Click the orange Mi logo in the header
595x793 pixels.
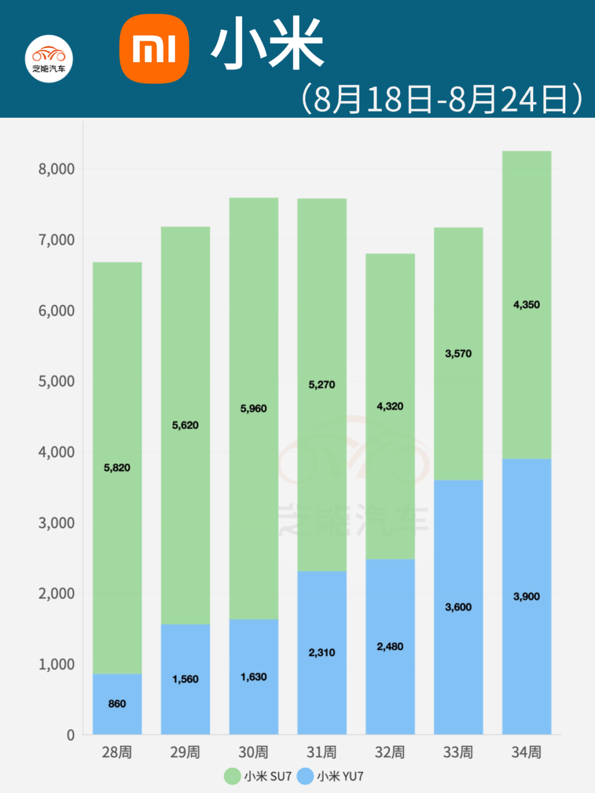tap(154, 48)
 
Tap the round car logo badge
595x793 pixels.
tap(49, 59)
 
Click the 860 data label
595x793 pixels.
tap(117, 704)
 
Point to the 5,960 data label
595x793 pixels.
tap(253, 409)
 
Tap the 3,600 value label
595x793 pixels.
tap(458, 607)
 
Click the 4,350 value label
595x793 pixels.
tap(527, 305)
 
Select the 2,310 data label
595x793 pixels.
tap(322, 653)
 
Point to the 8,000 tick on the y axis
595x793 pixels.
tap(56, 169)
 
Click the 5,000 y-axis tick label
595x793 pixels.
tap(56, 381)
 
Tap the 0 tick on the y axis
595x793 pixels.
tap(71, 735)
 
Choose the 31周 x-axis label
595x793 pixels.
tap(322, 752)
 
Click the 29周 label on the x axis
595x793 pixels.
tap(185, 752)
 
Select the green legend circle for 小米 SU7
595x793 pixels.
tap(232, 776)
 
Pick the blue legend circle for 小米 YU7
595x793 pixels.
tap(305, 776)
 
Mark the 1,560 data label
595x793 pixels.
tap(185, 679)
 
